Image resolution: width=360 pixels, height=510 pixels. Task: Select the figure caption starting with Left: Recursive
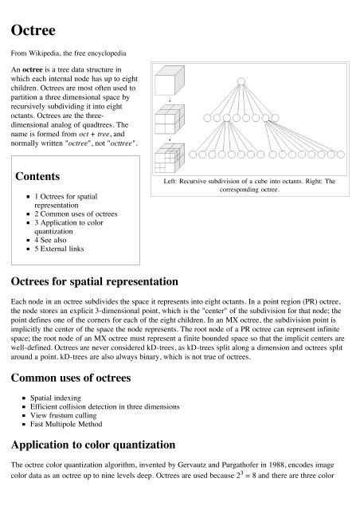coord(251,186)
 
